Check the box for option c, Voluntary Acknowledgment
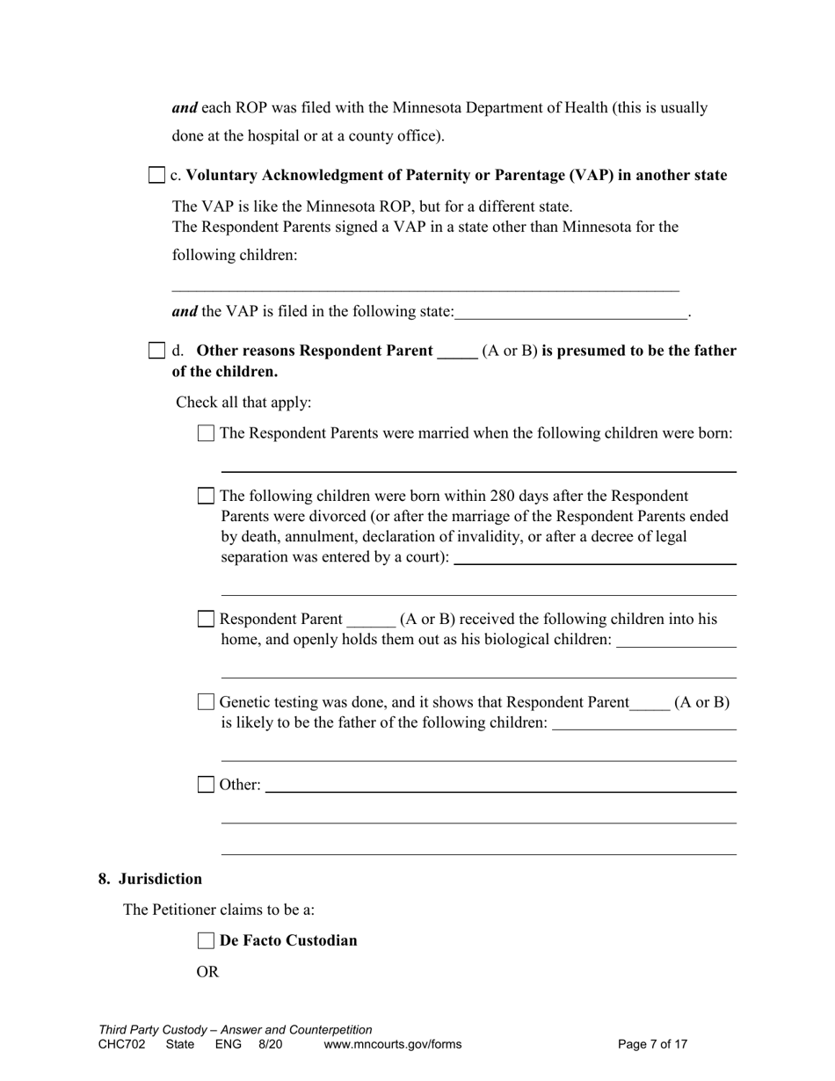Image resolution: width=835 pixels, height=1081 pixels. (x=156, y=175)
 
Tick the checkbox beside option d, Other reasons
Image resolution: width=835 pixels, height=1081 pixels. (x=156, y=351)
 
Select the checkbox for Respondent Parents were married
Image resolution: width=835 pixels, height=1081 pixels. (x=206, y=433)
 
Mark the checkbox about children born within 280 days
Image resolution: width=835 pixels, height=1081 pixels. (x=206, y=496)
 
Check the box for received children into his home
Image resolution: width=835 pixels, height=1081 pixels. (x=206, y=619)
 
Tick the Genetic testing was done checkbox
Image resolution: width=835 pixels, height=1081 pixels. (x=206, y=702)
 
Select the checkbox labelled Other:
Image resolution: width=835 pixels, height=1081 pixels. (x=206, y=785)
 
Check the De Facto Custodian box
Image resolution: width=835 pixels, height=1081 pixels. (x=206, y=940)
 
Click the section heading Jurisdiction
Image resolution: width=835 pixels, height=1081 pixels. (x=160, y=879)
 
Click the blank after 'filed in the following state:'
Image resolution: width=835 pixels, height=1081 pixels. (x=571, y=312)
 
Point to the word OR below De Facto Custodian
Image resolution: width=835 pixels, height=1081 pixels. (x=207, y=972)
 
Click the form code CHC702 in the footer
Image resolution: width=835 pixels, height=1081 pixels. (x=122, y=1044)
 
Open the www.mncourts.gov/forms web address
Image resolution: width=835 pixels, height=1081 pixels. (x=392, y=1044)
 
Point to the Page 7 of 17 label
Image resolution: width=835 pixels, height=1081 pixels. (x=652, y=1044)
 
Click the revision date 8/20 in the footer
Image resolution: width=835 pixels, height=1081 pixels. (x=271, y=1044)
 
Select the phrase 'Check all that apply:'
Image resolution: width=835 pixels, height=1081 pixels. (x=243, y=403)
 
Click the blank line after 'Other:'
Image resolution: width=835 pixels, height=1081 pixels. (x=500, y=786)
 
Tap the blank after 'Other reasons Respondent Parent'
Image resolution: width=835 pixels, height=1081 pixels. (x=457, y=352)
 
